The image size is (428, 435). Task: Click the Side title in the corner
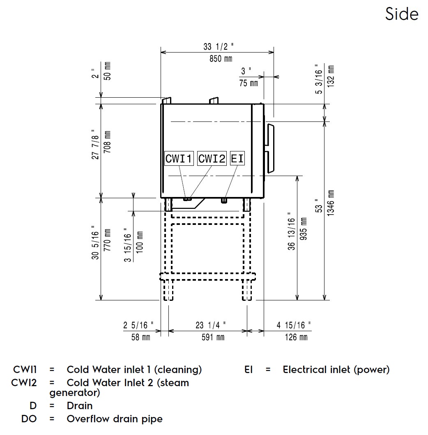tap(402, 14)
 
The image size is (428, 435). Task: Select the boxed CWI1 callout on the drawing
tap(179, 158)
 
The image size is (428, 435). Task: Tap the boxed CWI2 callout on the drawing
tap(212, 158)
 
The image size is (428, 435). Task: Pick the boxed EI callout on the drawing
tap(237, 158)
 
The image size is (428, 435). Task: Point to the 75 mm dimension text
tap(249, 83)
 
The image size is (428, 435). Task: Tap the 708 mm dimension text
tap(107, 142)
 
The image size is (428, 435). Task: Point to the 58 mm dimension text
tap(140, 337)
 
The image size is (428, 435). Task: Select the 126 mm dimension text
tap(296, 337)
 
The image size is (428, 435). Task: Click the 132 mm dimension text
tap(331, 76)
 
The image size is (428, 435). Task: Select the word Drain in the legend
tap(80, 406)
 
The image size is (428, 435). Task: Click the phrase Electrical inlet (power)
tap(336, 370)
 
